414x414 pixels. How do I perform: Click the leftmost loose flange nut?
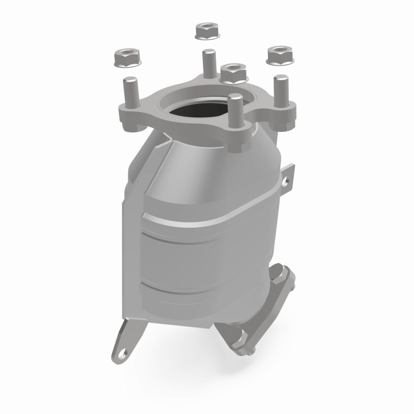(x=125, y=57)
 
